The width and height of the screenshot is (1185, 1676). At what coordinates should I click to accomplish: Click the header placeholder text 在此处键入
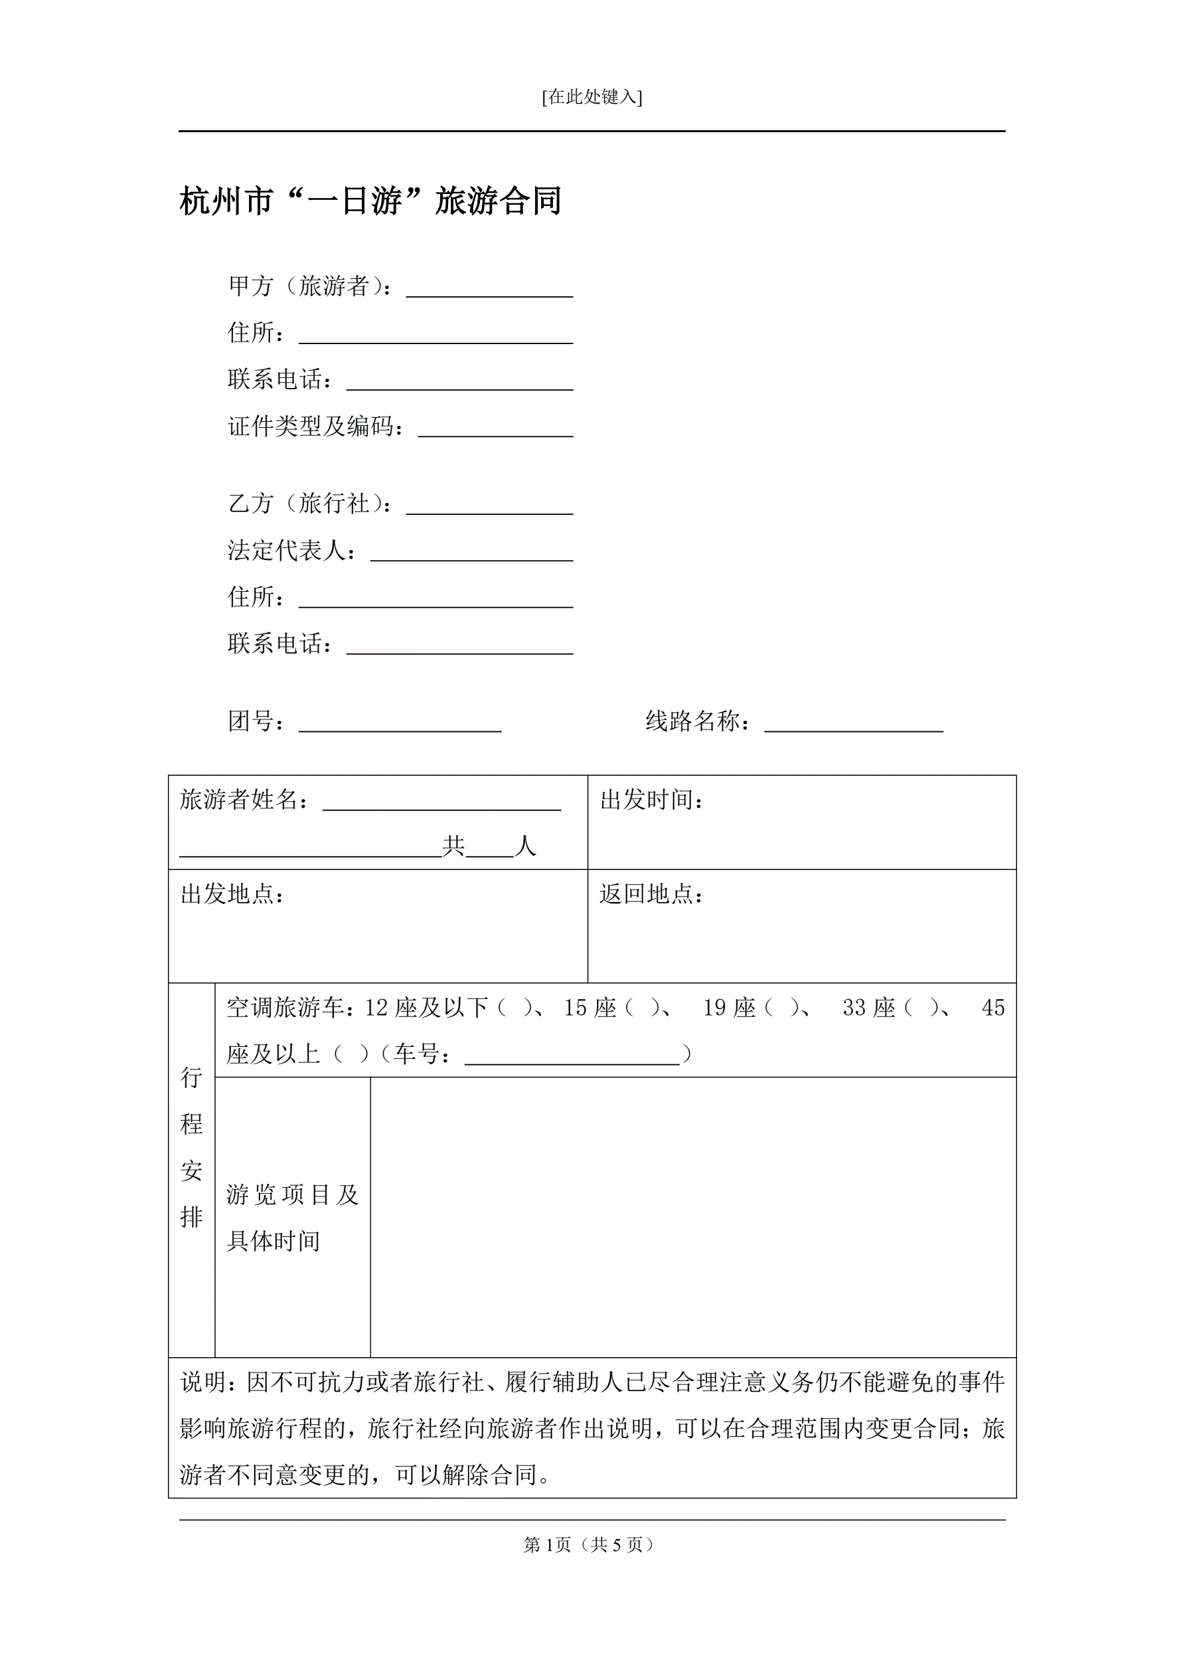point(592,97)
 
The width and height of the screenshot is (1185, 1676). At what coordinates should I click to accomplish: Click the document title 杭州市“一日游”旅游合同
point(370,201)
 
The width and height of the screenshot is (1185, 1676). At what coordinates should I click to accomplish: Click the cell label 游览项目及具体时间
point(292,1217)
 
